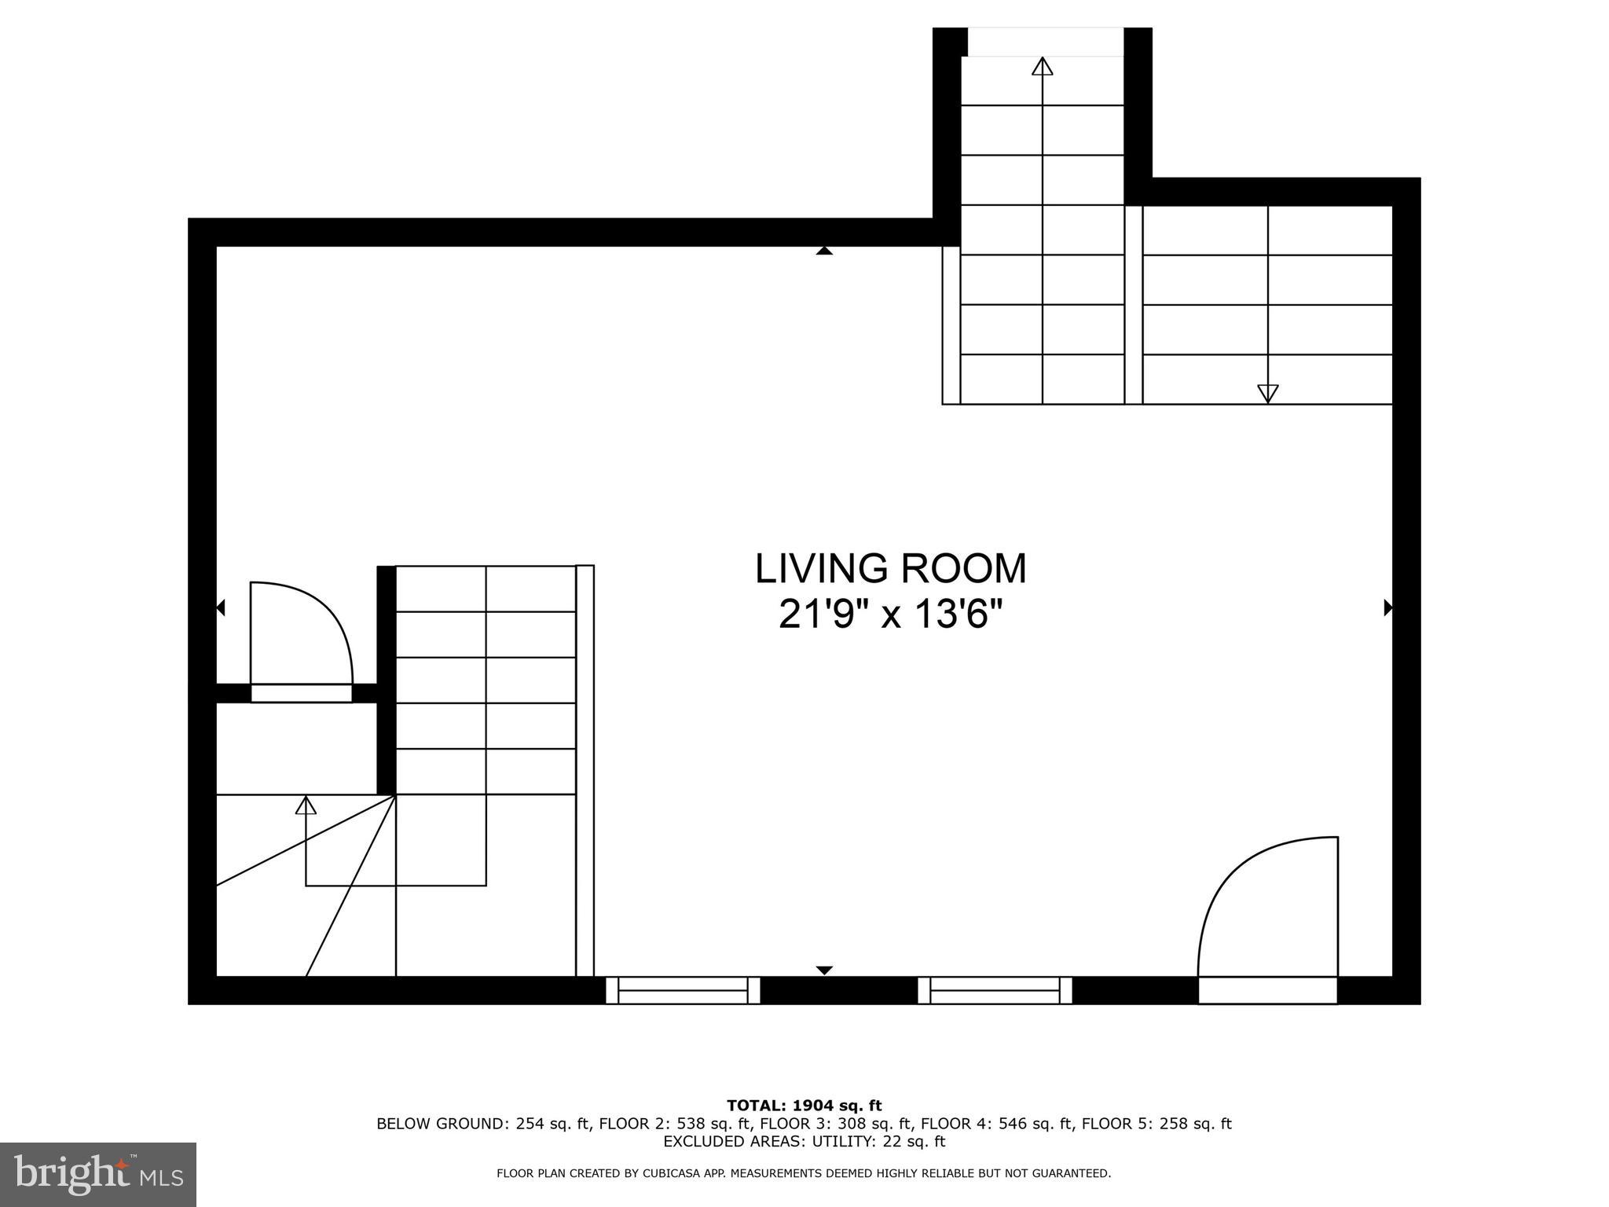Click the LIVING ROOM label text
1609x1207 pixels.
[x=890, y=569]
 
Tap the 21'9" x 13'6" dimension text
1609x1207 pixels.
[x=890, y=615]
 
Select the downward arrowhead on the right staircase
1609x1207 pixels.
[x=1267, y=393]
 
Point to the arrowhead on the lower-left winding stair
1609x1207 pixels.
[x=306, y=805]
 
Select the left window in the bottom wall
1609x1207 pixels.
[x=683, y=990]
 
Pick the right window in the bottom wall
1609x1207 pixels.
[x=995, y=990]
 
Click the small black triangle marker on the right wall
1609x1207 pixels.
[x=1387, y=607]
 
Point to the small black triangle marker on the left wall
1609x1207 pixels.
[x=221, y=607]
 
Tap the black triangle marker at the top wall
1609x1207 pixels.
[x=823, y=251]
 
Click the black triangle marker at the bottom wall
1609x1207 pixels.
[x=823, y=970]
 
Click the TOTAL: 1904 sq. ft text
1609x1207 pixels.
[x=804, y=1106]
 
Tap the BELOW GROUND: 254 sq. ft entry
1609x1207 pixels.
[x=482, y=1124]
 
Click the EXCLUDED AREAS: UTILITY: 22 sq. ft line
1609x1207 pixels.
[x=804, y=1141]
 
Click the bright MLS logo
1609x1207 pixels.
[x=98, y=1174]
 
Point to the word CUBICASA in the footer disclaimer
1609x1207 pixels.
[x=655, y=1173]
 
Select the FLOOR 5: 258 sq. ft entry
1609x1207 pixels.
[x=1156, y=1124]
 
